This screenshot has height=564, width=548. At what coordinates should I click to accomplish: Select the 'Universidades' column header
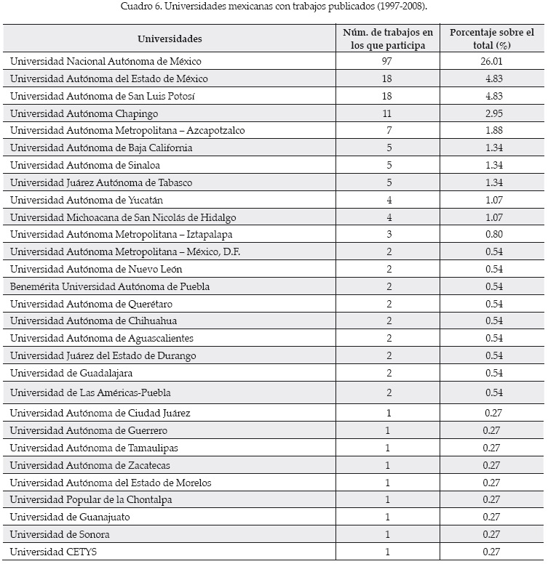click(x=170, y=39)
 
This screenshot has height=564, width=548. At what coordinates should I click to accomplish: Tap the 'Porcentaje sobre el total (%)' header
click(x=491, y=39)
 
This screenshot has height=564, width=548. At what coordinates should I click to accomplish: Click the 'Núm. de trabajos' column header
click(x=387, y=39)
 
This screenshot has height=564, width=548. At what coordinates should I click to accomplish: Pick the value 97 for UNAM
click(x=387, y=62)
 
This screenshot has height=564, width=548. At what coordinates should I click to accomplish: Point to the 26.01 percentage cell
click(x=491, y=62)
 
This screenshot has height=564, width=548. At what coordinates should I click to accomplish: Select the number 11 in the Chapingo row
click(x=387, y=113)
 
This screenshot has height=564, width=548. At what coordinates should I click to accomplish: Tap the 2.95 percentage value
click(x=491, y=113)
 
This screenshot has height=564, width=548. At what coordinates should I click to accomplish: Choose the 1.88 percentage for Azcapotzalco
click(x=491, y=131)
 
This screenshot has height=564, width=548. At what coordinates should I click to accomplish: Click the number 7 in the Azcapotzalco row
click(x=387, y=131)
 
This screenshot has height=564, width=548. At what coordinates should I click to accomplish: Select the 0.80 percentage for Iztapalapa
click(x=491, y=235)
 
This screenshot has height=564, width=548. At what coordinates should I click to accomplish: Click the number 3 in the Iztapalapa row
click(x=387, y=235)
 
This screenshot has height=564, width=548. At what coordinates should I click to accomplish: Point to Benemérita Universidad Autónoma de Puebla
click(x=110, y=286)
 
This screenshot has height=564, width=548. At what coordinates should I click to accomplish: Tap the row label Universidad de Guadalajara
click(x=71, y=373)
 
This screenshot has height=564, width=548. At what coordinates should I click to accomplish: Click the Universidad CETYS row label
click(x=53, y=552)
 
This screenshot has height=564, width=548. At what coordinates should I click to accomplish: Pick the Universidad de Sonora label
click(x=60, y=534)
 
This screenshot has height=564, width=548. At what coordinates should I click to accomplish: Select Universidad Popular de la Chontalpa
click(x=91, y=500)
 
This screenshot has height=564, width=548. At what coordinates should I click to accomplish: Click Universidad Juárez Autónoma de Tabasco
click(x=101, y=182)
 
